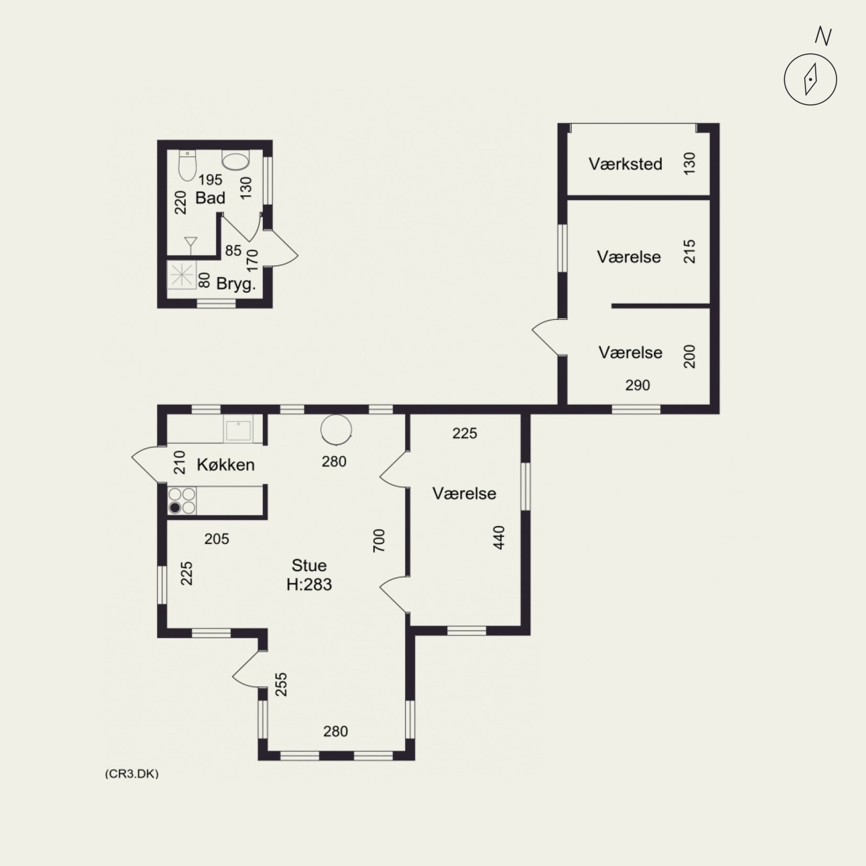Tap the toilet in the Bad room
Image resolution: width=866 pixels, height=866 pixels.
click(x=187, y=164)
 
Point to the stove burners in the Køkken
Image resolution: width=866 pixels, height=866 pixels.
click(x=182, y=501)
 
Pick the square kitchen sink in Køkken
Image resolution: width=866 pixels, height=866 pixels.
click(x=238, y=430)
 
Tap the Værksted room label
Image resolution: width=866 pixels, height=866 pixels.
click(x=625, y=164)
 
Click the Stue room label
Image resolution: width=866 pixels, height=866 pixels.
click(x=309, y=565)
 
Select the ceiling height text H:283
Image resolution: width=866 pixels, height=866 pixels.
click(x=309, y=584)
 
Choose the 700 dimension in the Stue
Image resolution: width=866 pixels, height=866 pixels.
click(x=379, y=540)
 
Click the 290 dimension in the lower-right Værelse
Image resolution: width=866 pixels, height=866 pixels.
click(x=638, y=385)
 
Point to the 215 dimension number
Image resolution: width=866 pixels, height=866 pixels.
click(x=690, y=251)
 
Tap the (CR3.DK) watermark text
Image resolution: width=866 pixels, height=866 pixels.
click(x=131, y=774)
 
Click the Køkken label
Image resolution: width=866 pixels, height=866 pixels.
click(x=226, y=464)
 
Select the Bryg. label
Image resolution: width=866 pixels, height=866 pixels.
click(x=236, y=284)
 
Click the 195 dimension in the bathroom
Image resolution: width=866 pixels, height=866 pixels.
click(x=210, y=180)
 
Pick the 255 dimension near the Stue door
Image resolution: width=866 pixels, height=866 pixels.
click(x=282, y=684)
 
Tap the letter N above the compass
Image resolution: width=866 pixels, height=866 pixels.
click(x=824, y=36)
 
